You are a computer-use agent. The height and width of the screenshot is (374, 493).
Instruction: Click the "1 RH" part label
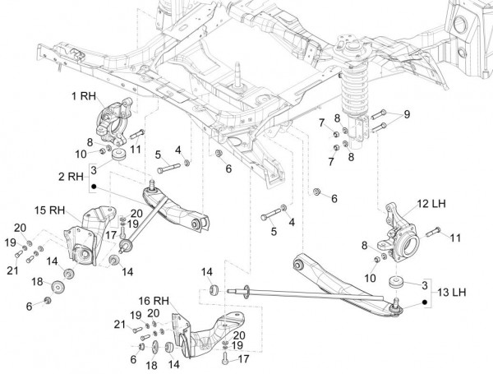(x=84, y=96)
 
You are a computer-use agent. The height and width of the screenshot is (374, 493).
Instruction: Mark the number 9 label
(x=405, y=113)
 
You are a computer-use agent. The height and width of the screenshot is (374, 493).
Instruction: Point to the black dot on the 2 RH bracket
(x=94, y=187)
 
